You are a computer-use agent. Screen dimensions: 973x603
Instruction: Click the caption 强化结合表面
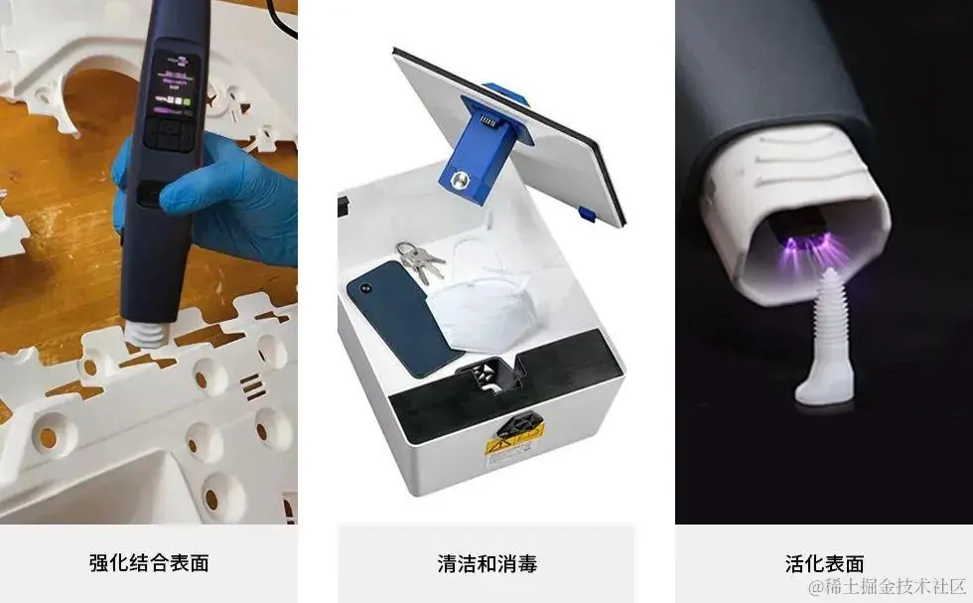[x=149, y=562]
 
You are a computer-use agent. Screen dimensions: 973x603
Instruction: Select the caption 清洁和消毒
[x=487, y=564]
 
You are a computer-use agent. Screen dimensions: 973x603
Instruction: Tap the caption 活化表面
[x=824, y=564]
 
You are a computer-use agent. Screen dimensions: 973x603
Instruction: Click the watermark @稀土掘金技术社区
[x=888, y=586]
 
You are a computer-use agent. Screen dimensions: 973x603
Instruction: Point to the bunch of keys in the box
[x=420, y=261]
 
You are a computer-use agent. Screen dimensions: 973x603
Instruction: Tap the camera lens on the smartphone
[x=363, y=288]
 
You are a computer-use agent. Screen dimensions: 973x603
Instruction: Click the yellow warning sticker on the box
[x=515, y=444]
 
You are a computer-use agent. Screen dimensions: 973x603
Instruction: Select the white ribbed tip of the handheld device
[x=147, y=334]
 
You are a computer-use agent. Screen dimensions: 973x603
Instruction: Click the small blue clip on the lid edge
[x=587, y=215]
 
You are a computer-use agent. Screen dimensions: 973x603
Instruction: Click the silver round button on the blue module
[x=459, y=181]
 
